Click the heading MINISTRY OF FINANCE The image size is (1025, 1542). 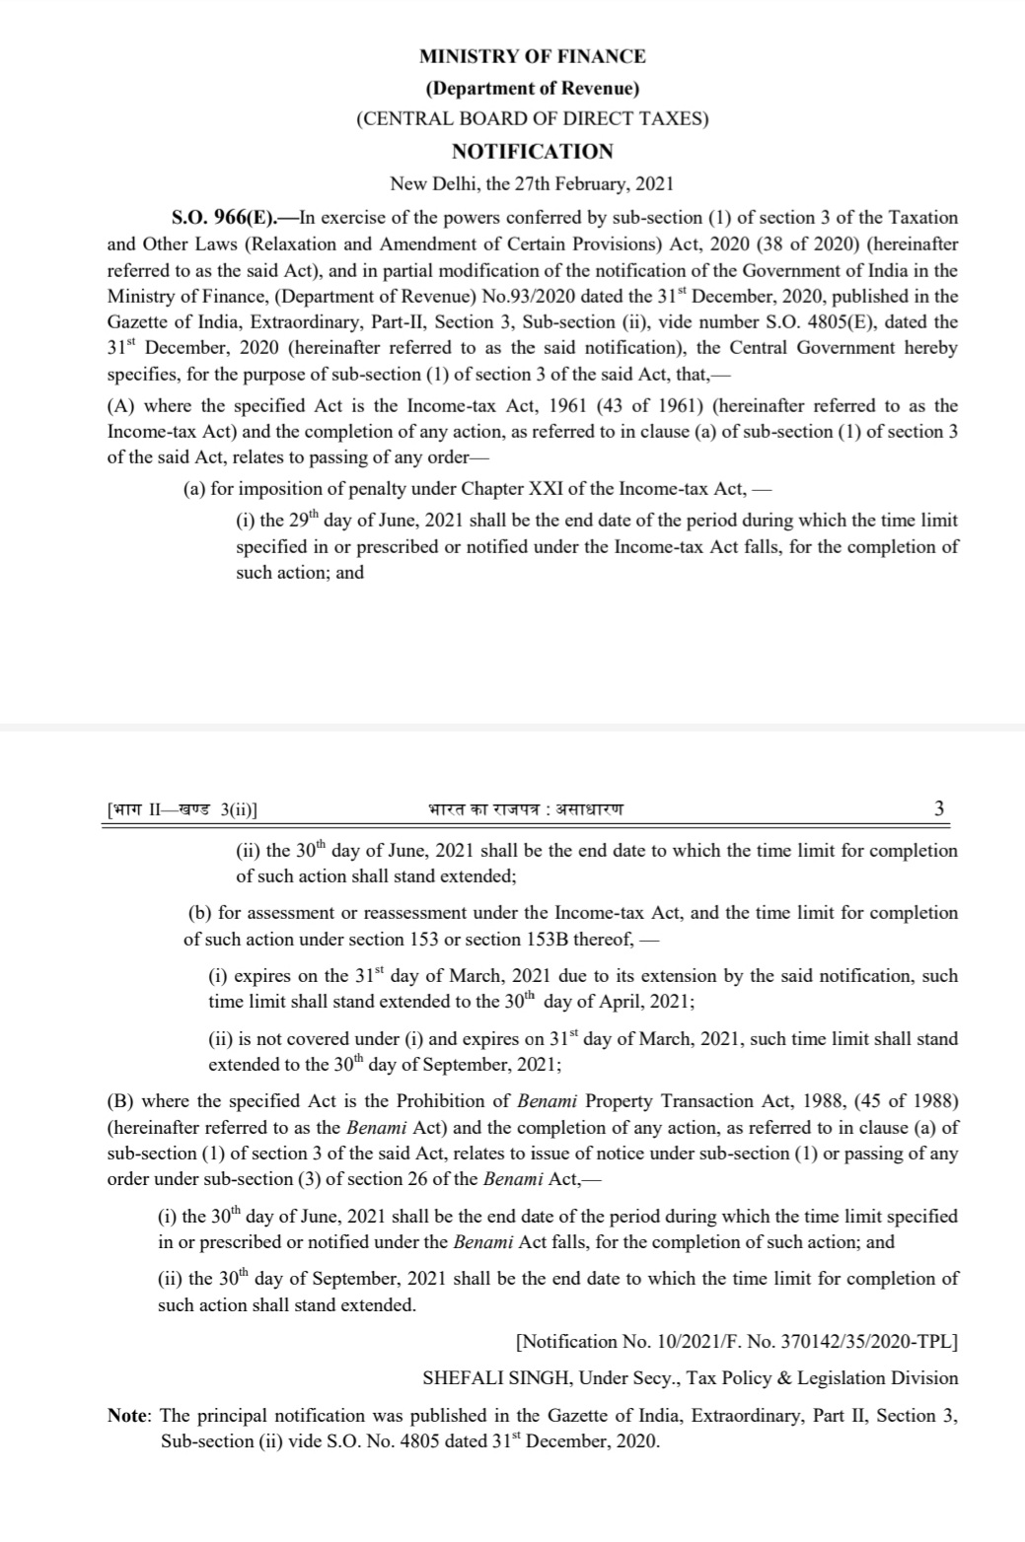532,56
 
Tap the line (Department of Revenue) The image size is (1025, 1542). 532,88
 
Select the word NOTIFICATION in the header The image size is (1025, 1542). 532,151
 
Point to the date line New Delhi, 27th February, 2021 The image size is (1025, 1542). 532,183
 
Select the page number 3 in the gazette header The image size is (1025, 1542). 938,808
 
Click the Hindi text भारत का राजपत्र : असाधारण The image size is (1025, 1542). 526,809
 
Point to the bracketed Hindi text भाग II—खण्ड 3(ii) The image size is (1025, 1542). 182,809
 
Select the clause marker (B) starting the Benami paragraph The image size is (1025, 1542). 122,1100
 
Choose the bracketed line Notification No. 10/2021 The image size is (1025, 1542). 736,1341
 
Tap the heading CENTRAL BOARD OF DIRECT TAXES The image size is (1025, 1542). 532,119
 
